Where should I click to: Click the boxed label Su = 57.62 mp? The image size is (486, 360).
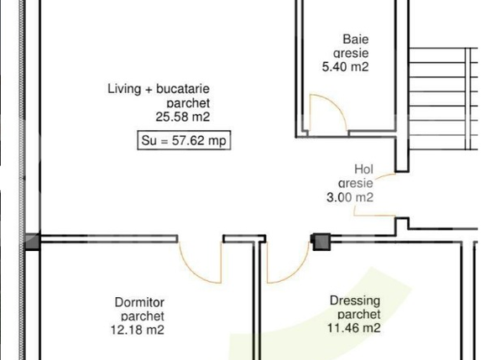[x=183, y=141]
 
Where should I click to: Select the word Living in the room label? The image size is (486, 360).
[x=123, y=88]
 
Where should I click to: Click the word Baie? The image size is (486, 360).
[x=355, y=39]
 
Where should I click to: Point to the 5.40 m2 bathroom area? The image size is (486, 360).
[x=345, y=67]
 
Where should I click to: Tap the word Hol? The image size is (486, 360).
[x=363, y=168]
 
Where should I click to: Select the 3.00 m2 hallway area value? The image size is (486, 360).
[x=355, y=197]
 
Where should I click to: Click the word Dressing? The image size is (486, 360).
[x=354, y=300]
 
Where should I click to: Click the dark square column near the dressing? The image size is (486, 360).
[x=321, y=242]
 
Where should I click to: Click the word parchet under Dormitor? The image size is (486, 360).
[x=138, y=316]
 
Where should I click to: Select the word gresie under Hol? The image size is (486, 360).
[x=356, y=183]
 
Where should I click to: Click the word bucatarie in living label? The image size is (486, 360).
[x=180, y=88]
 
